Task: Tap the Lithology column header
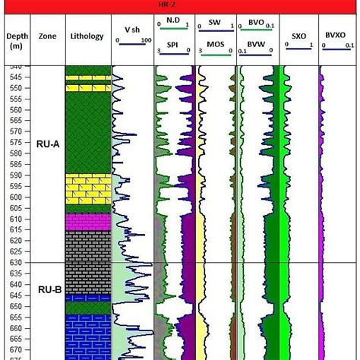[x=86, y=36]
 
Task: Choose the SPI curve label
[x=173, y=46]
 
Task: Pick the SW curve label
[x=215, y=24]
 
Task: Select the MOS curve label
[x=215, y=46]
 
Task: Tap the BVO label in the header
[x=256, y=24]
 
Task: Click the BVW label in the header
[x=256, y=46]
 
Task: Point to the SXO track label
[x=298, y=34]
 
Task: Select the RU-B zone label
[x=48, y=289]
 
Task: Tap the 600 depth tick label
[x=15, y=197]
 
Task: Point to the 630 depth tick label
[x=15, y=263]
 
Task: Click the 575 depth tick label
[x=15, y=143]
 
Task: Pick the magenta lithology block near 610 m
[x=86, y=222]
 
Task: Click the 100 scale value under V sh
[x=146, y=40]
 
